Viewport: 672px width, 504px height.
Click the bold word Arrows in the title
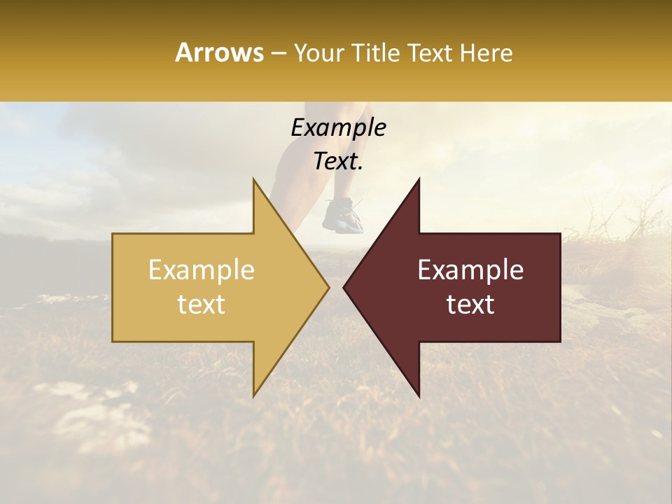click(220, 52)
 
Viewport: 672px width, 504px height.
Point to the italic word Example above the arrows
click(338, 127)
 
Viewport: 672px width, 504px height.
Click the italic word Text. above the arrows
click(338, 161)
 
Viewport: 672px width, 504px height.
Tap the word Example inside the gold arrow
click(202, 269)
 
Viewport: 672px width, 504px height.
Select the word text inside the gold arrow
click(202, 304)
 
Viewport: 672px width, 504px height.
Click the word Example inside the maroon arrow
click(470, 269)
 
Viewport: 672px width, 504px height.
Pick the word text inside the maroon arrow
click(470, 304)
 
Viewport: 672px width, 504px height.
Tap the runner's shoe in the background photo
click(343, 216)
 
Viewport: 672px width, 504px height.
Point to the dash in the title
click(278, 54)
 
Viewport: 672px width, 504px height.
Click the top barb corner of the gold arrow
click(253, 179)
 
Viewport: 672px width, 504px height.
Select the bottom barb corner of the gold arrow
click(253, 395)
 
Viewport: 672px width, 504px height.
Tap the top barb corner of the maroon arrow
click(419, 179)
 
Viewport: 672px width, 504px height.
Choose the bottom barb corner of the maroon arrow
click(419, 395)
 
